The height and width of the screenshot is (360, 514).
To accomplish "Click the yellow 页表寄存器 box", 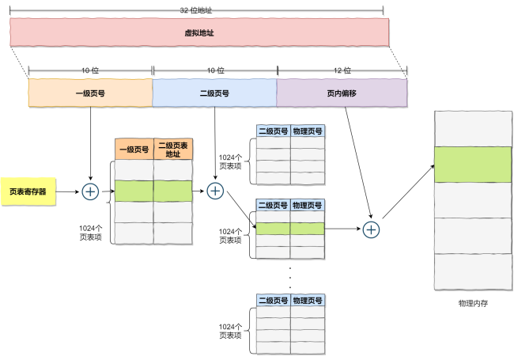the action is (x=28, y=191).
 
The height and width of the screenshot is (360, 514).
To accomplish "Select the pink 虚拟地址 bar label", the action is (x=199, y=32).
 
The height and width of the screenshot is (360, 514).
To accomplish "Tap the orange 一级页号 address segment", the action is (x=90, y=93).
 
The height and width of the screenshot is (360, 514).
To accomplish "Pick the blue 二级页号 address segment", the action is (x=214, y=93).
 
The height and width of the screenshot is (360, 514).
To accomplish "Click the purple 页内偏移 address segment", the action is (x=342, y=93).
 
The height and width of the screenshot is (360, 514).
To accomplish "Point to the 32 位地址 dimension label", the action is (x=196, y=10).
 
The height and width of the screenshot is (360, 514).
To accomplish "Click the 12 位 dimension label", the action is (x=342, y=70).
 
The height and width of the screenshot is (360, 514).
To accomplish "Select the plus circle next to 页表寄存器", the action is (x=90, y=191).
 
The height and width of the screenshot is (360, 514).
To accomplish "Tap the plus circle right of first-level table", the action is (x=215, y=191).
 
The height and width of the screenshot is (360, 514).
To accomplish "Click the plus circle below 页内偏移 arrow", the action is (x=371, y=229).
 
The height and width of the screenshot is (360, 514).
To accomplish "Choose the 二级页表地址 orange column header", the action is (x=173, y=150).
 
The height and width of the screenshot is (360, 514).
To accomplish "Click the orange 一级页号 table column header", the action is (x=134, y=150).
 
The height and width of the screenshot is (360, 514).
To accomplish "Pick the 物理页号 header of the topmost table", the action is (x=308, y=131).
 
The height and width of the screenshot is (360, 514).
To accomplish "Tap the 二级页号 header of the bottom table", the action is (x=274, y=300).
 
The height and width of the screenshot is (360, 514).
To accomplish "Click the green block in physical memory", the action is (x=473, y=165).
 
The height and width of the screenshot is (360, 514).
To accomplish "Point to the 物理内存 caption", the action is (x=473, y=303).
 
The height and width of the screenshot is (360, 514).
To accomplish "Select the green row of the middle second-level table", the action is (x=290, y=229).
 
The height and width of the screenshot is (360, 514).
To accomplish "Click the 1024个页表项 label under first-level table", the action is (x=90, y=233).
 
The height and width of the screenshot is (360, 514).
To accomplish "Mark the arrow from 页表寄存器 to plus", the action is (x=67, y=191).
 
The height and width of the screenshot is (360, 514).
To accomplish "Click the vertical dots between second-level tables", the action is (x=290, y=278).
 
